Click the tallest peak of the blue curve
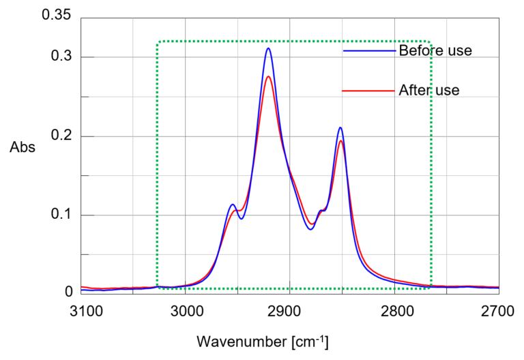pyautogui.click(x=268, y=49)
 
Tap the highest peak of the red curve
pyautogui.click(x=268, y=76)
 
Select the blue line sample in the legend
pyautogui.click(x=368, y=51)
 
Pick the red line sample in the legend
pyautogui.click(x=368, y=91)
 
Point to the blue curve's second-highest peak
pyautogui.click(x=340, y=129)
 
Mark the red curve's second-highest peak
pyautogui.click(x=340, y=142)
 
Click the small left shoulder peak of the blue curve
pyautogui.click(x=233, y=205)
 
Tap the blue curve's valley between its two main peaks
pyautogui.click(x=310, y=229)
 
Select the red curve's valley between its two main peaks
pyautogui.click(x=311, y=224)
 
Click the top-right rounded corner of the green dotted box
pyautogui.click(x=429, y=43)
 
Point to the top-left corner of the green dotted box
pyautogui.click(x=159, y=42)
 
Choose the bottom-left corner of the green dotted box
pyautogui.click(x=158, y=288)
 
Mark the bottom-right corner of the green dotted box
pyautogui.click(x=430, y=288)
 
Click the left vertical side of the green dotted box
pyautogui.click(x=158, y=164)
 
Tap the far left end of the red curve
pyautogui.click(x=83, y=287)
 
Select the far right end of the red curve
pyautogui.click(x=497, y=287)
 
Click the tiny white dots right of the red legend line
pyautogui.click(x=447, y=91)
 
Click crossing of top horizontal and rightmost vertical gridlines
pyautogui.click(x=447, y=57)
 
